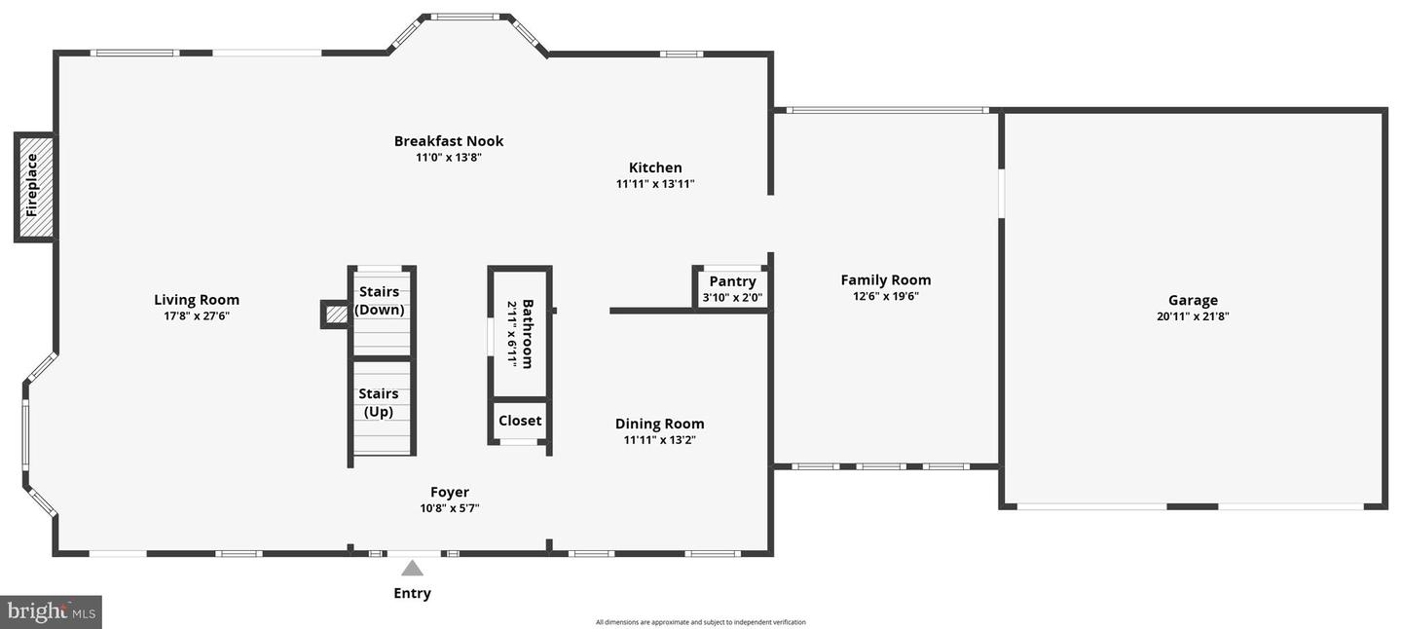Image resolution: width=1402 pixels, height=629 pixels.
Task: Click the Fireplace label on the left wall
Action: click(32, 185)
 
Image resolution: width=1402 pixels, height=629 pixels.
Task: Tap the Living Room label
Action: click(197, 300)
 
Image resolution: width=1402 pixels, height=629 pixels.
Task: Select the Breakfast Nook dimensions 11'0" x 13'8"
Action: click(449, 157)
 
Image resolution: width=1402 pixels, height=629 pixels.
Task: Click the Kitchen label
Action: click(655, 167)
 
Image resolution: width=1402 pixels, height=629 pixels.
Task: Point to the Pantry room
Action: click(732, 288)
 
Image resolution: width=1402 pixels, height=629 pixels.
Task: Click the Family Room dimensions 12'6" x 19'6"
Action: click(886, 296)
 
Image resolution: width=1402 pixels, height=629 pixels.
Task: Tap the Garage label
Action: click(1193, 300)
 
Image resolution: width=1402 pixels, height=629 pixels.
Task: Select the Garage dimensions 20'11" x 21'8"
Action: click(1193, 315)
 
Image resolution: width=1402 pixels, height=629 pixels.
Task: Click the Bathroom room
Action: click(520, 333)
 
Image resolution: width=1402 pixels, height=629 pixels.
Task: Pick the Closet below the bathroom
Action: click(520, 421)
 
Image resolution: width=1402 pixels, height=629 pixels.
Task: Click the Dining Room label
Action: click(659, 424)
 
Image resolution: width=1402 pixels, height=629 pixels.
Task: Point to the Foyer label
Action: click(450, 492)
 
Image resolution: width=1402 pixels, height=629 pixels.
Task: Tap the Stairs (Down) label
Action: click(379, 300)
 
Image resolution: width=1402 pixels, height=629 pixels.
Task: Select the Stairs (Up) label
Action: click(379, 402)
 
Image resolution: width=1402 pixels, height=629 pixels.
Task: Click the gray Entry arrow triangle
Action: click(413, 569)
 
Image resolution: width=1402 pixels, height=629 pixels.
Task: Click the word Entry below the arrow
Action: click(412, 593)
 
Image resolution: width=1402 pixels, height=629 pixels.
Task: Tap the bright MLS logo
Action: click(52, 611)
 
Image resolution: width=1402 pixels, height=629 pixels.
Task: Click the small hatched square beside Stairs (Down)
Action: click(336, 314)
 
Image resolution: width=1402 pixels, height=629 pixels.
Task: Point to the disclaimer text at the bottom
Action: click(701, 622)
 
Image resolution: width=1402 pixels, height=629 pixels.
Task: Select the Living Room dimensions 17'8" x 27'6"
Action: click(197, 315)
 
